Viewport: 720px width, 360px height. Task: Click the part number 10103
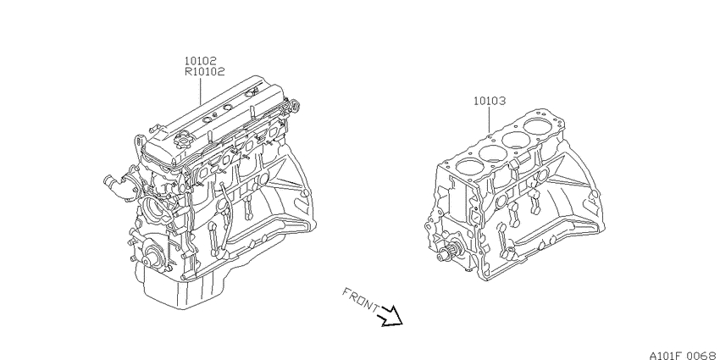pos(490,101)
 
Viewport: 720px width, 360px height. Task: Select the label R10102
pos(204,72)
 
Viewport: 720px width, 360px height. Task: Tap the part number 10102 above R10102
pos(201,61)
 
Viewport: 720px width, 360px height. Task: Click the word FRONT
pos(361,301)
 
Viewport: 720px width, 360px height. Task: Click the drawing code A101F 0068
pos(684,355)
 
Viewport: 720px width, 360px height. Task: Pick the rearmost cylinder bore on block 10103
pos(539,126)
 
